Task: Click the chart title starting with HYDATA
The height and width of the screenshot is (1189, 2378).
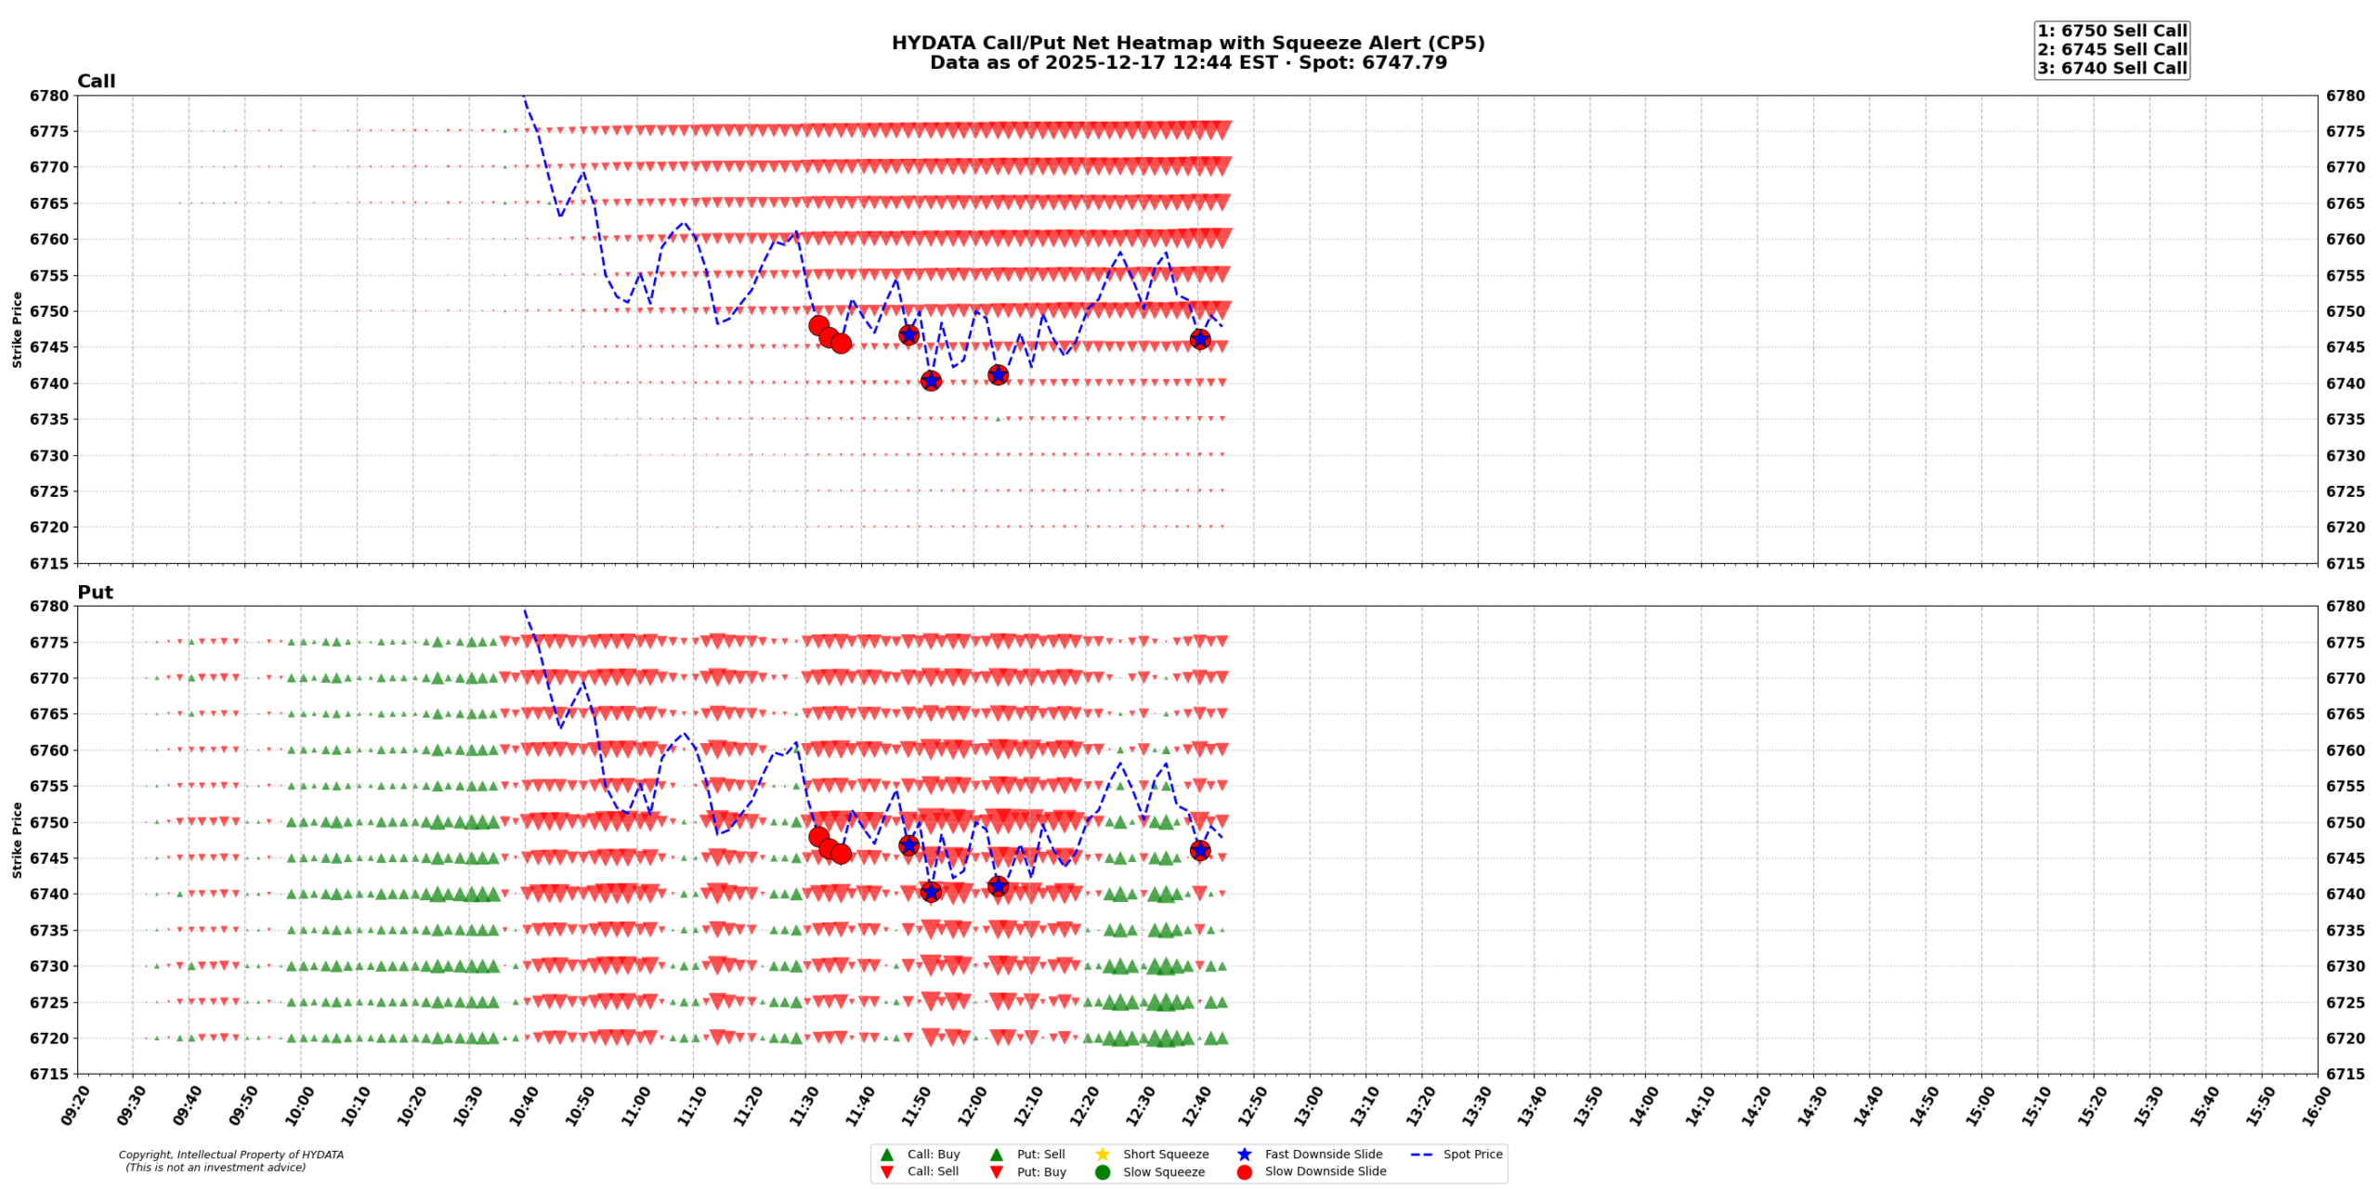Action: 1187,44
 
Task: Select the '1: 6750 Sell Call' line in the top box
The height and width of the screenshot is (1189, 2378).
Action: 2111,31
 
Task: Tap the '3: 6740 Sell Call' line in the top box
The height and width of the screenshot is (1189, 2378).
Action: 2111,68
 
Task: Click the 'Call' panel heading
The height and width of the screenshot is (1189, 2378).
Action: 96,82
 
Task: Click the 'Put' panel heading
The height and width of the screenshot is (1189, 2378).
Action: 95,593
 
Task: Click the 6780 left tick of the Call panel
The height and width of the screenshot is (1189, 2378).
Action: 48,96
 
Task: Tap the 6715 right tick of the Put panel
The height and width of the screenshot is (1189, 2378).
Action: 2345,1074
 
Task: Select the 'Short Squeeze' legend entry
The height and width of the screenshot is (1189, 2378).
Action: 1165,1155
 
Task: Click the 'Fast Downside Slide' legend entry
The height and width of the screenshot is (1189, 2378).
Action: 1323,1155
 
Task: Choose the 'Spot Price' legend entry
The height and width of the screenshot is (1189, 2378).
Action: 1472,1155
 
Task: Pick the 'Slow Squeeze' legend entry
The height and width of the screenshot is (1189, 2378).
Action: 1163,1172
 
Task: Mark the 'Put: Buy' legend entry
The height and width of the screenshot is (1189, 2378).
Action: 1040,1172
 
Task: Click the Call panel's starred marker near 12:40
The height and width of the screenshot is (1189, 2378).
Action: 1199,339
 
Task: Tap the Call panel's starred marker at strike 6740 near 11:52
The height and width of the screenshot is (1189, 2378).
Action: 931,380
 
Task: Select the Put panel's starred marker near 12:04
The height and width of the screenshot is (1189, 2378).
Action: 998,885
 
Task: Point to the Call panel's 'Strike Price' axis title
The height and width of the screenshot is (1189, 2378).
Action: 17,330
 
